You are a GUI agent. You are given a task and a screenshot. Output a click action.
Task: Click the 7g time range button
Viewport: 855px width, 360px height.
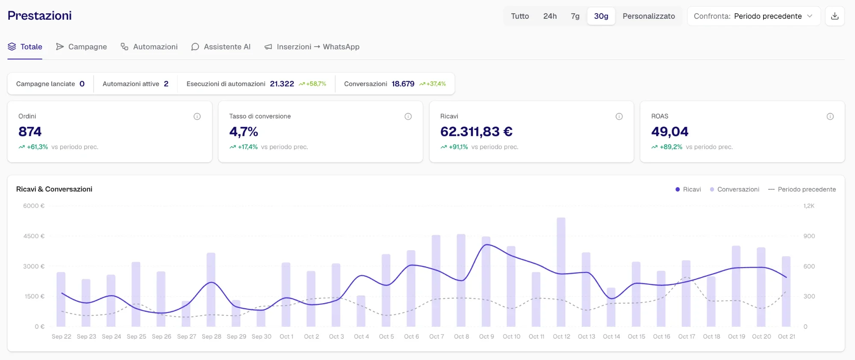[575, 16]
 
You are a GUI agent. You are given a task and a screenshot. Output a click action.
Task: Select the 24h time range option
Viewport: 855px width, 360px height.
[550, 16]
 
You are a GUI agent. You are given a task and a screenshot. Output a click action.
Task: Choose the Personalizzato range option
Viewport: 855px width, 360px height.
[649, 16]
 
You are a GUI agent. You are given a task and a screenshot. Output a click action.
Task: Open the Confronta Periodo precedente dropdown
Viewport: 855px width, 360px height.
[754, 16]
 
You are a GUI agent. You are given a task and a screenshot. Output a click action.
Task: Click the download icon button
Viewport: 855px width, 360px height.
[834, 16]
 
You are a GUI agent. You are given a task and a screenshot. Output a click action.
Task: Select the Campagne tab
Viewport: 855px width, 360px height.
[81, 47]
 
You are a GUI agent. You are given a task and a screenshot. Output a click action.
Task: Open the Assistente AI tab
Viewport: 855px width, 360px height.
[221, 47]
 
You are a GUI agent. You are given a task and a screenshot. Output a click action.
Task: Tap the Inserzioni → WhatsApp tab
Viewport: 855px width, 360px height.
[312, 47]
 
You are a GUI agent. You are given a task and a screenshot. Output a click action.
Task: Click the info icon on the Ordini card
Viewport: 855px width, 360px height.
[197, 116]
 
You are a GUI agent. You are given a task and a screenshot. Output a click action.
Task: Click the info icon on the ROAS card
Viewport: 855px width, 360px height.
[830, 116]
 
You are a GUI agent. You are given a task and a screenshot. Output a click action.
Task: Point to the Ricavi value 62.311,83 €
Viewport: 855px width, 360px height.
[476, 132]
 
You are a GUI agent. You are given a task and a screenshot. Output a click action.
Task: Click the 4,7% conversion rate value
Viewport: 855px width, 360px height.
[243, 132]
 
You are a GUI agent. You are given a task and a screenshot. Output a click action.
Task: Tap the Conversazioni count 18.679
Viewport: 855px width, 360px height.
[403, 84]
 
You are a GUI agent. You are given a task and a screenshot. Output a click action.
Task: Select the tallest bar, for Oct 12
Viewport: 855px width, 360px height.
[561, 272]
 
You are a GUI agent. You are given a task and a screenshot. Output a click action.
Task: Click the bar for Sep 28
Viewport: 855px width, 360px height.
[211, 289]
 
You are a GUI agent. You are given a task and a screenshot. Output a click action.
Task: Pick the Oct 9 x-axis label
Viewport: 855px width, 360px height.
[486, 336]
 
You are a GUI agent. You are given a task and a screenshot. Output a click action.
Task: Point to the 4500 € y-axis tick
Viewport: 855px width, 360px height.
[34, 236]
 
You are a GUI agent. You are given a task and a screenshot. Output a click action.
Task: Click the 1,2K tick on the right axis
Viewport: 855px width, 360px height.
[809, 206]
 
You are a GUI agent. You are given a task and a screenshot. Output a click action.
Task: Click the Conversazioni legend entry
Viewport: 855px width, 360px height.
[734, 189]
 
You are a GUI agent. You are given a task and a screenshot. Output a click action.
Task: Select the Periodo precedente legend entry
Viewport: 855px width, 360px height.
[802, 189]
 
